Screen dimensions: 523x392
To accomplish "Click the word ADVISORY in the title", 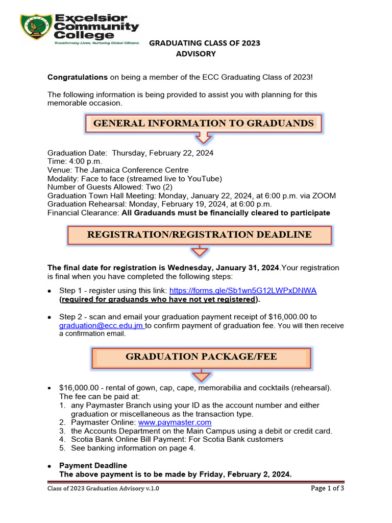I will (196, 54).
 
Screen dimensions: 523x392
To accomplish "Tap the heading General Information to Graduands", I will (203, 123).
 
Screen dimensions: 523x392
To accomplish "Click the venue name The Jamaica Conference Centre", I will (132, 170).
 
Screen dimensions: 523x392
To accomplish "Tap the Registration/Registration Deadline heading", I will (199, 235).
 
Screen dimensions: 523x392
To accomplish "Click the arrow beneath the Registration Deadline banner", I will (200, 251).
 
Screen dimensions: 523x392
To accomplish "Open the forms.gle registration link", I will (243, 290).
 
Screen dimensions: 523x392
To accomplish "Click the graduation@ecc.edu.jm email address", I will (101, 325).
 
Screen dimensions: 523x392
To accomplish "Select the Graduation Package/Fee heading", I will (201, 356).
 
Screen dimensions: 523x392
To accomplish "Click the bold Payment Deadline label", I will (93, 465).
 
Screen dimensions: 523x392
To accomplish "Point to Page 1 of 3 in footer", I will (327, 488).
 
